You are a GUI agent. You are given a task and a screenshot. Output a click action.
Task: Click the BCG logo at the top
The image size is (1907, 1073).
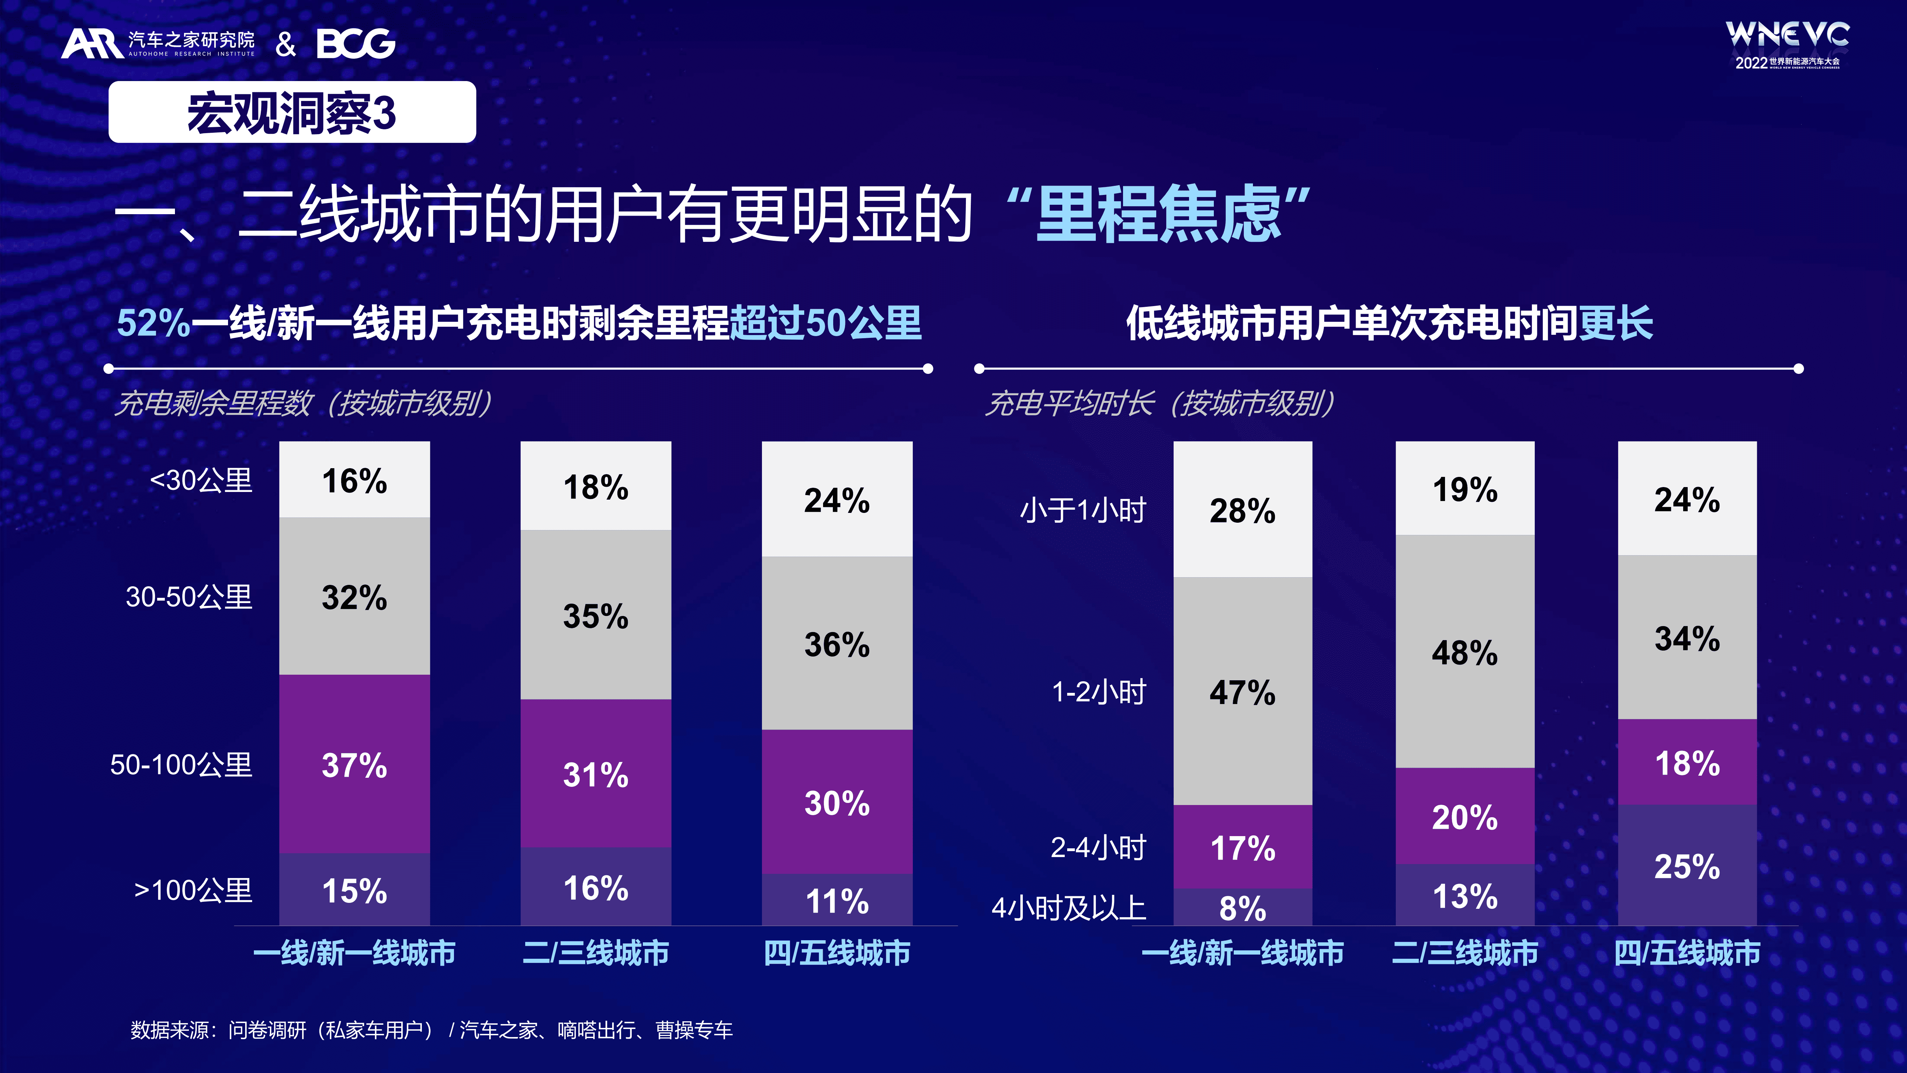click(355, 44)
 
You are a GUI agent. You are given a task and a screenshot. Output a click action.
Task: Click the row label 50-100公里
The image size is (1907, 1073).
click(181, 764)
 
